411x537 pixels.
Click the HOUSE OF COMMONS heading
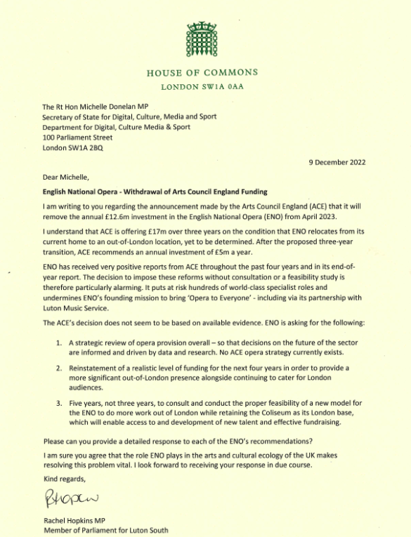[x=202, y=73]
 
